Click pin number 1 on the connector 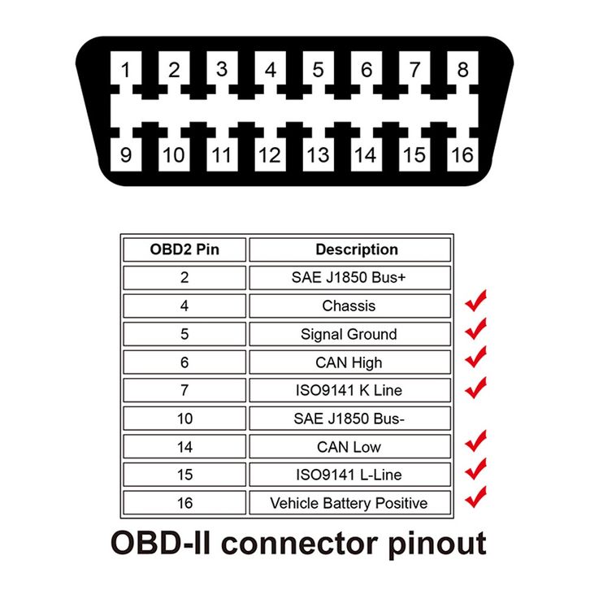pyautogui.click(x=125, y=71)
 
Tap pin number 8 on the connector pyautogui.click(x=462, y=71)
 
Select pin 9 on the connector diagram pyautogui.click(x=125, y=154)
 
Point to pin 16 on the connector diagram pyautogui.click(x=462, y=154)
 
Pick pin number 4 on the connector pyautogui.click(x=271, y=71)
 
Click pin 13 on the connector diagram pyautogui.click(x=318, y=154)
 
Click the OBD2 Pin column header pyautogui.click(x=184, y=249)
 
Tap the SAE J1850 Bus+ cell pyautogui.click(x=349, y=278)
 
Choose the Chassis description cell pyautogui.click(x=349, y=306)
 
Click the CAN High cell pyautogui.click(x=349, y=362)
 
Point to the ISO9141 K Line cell pyautogui.click(x=349, y=391)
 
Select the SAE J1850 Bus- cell pyautogui.click(x=349, y=419)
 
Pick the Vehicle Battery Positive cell pyautogui.click(x=349, y=503)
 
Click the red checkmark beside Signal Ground pyautogui.click(x=475, y=328)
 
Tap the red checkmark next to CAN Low pyautogui.click(x=475, y=440)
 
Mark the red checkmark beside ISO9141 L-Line pyautogui.click(x=475, y=468)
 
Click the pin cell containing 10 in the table pyautogui.click(x=184, y=419)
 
